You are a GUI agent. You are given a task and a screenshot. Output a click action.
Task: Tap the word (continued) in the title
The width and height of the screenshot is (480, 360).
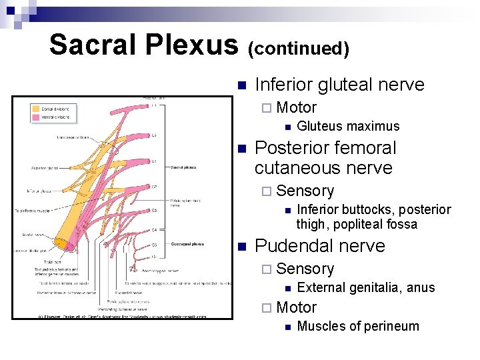[299, 48]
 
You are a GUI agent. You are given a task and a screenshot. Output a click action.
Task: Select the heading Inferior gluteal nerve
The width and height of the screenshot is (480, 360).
[339, 85]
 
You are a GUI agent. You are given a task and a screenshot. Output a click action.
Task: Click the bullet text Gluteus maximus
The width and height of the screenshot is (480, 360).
[348, 126]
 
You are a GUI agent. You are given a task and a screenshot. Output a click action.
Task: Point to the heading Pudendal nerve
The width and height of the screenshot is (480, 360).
[320, 245]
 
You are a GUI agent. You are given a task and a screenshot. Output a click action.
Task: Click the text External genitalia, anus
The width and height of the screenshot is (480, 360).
[365, 287]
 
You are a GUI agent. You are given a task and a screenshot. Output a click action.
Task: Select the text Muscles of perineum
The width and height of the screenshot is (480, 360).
[357, 326]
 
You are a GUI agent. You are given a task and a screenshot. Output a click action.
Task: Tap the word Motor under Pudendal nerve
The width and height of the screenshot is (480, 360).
[296, 307]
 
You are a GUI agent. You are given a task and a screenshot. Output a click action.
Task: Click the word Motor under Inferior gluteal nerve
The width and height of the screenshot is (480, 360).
[296, 107]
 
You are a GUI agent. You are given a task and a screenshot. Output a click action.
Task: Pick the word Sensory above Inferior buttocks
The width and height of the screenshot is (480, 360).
[305, 191]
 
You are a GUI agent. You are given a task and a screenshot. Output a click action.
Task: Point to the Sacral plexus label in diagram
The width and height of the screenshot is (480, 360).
[183, 167]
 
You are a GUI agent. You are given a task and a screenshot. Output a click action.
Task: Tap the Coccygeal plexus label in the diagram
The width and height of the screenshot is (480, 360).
[187, 243]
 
